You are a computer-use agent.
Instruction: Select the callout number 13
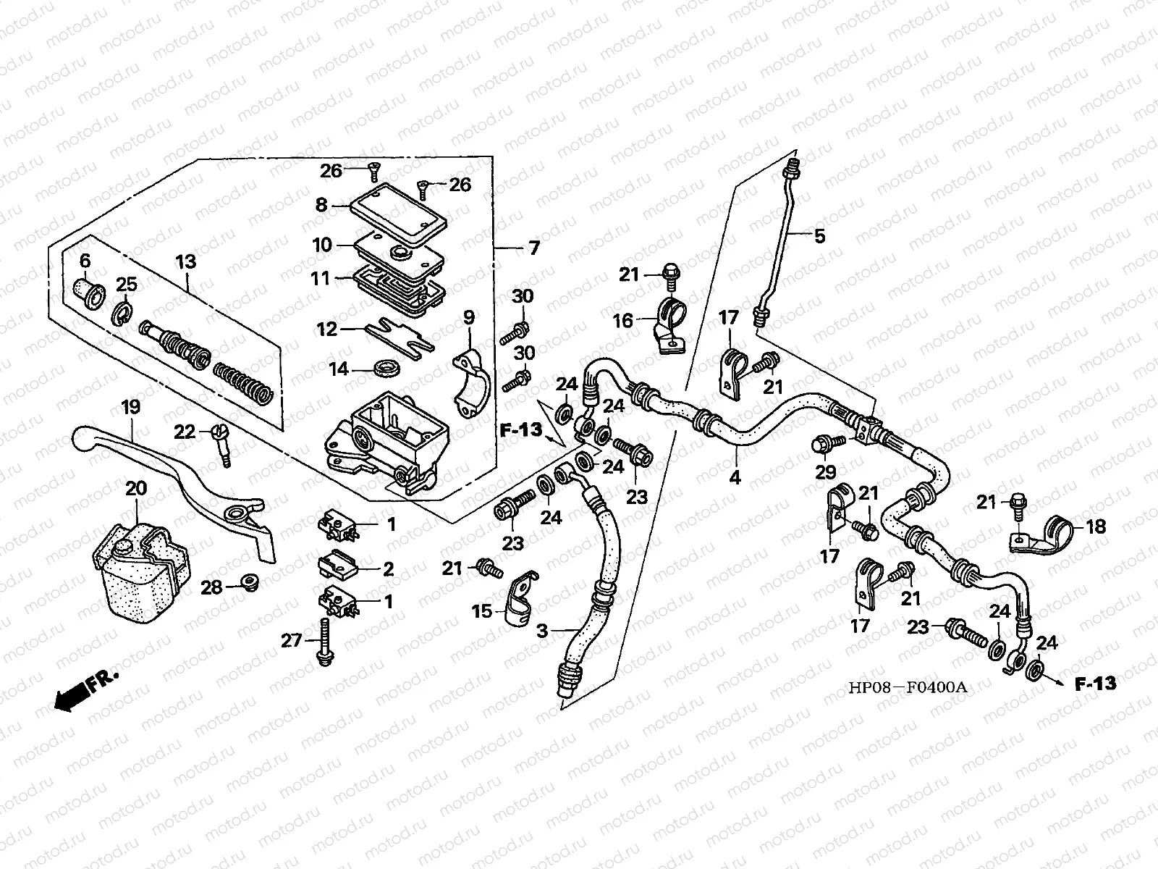pyautogui.click(x=185, y=261)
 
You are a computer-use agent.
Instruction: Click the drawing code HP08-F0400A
pyautogui.click(x=907, y=687)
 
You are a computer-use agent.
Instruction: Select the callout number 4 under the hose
pyautogui.click(x=735, y=478)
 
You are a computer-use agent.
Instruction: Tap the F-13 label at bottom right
pyautogui.click(x=1094, y=683)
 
